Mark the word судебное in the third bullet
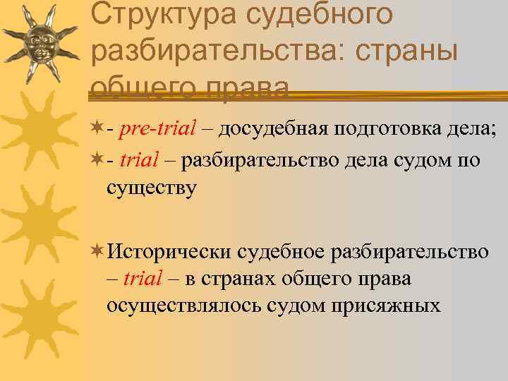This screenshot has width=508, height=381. click(x=282, y=251)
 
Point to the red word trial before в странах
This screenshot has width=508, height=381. click(x=143, y=278)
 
